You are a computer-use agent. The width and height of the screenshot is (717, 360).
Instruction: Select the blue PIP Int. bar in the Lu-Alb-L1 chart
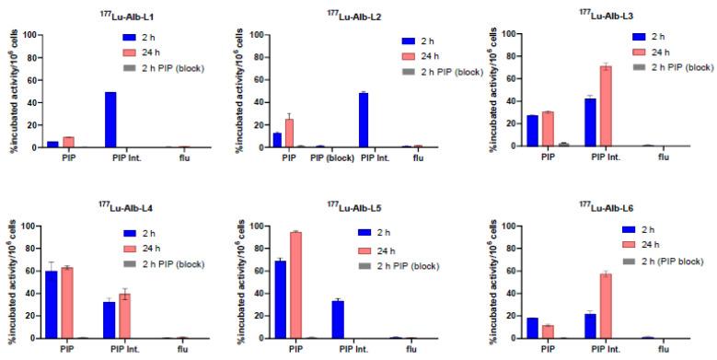pyautogui.click(x=110, y=120)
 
